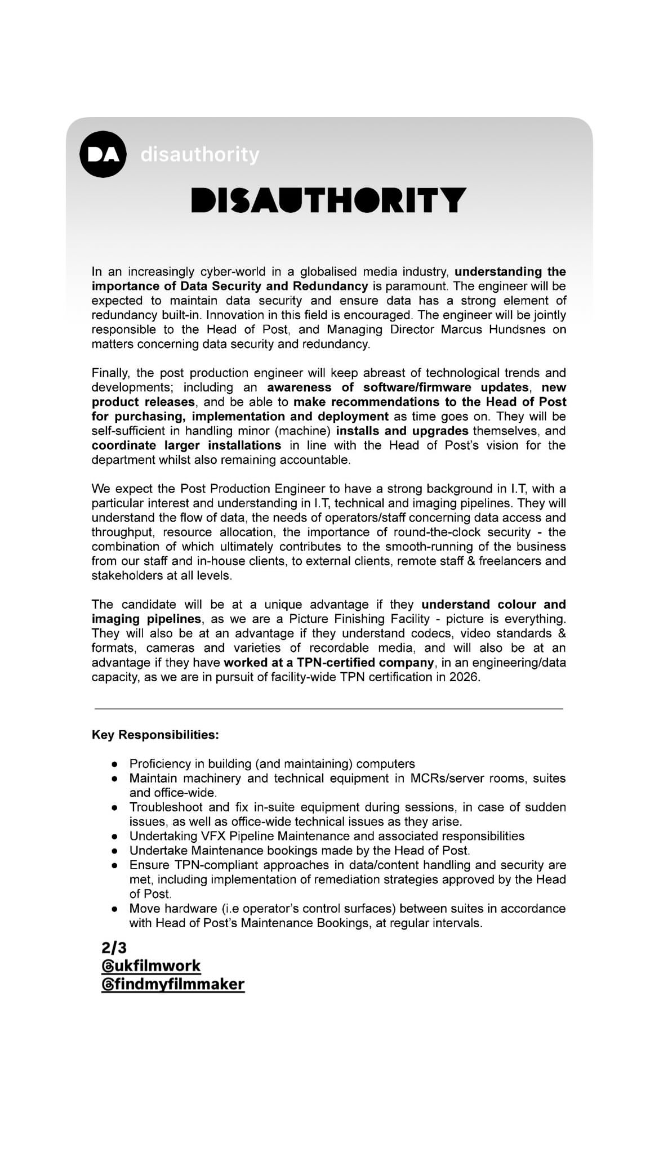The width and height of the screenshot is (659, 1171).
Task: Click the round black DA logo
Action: (x=103, y=154)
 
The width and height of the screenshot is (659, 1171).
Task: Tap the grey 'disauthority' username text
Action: (x=200, y=154)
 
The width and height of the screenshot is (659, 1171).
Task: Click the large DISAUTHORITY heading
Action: (x=329, y=200)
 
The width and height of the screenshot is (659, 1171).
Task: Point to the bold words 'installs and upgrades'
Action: (x=402, y=431)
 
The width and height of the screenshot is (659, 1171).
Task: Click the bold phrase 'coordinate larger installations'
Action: (x=186, y=445)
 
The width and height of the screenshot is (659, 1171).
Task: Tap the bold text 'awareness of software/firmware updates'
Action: (x=398, y=387)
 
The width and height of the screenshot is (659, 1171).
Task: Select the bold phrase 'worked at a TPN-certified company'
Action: (x=329, y=663)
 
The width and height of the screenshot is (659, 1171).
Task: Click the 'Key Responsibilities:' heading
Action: (x=155, y=735)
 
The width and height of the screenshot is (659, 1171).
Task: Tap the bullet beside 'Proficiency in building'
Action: (x=114, y=765)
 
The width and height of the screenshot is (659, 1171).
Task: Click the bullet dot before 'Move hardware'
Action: (x=114, y=909)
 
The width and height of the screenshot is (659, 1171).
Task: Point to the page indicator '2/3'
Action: (x=114, y=947)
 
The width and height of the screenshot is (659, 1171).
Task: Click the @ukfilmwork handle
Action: (x=151, y=966)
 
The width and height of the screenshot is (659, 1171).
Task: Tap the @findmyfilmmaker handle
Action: (x=173, y=985)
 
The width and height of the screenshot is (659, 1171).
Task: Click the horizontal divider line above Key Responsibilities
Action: (x=329, y=709)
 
